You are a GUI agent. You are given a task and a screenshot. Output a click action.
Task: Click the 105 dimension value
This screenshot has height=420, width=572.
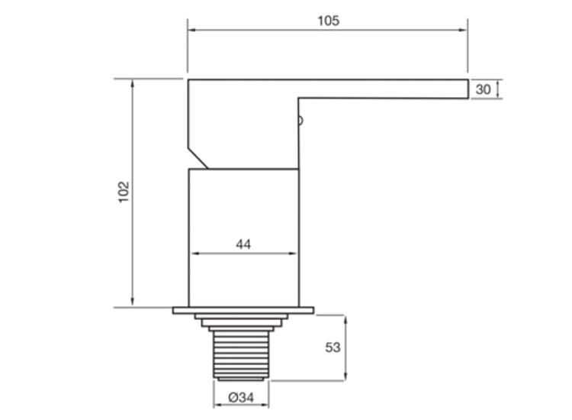tap(328, 21)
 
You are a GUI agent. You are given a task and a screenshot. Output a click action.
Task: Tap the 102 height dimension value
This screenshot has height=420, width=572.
tap(124, 192)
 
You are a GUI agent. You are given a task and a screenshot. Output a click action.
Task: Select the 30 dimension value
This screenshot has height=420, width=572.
tap(483, 89)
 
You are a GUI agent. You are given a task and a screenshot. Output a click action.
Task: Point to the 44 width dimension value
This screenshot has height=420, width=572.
tap(243, 244)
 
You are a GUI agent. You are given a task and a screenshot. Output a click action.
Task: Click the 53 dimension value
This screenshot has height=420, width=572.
tap(333, 347)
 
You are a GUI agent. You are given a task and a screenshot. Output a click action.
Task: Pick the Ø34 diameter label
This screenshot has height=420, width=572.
tap(241, 397)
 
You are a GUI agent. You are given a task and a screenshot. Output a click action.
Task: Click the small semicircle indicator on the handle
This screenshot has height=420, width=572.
tap(300, 121)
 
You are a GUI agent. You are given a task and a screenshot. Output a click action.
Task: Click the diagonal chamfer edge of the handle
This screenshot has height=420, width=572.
tap(198, 159)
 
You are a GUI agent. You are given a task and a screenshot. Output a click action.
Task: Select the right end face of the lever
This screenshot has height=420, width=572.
tap(468, 89)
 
